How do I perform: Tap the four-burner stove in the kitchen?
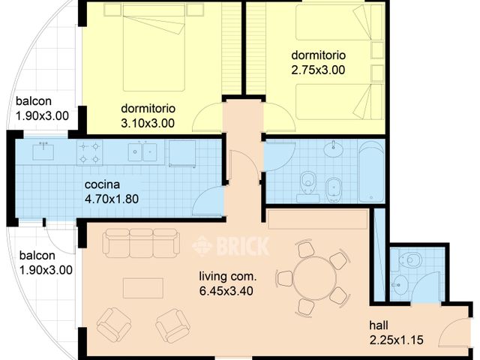coord(90,153)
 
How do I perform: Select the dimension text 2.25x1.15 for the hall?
coord(396,340)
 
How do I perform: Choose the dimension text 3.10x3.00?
coord(147,122)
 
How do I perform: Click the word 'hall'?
coord(379,326)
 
